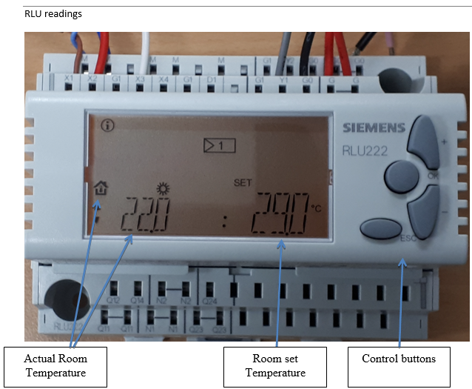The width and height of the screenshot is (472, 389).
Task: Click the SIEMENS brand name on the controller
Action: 374,127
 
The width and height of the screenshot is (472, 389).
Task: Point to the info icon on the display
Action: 108,125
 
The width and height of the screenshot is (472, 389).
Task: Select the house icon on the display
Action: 101,188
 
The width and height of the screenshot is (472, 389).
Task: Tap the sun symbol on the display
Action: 162,189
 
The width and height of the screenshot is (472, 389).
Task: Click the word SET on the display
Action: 243,182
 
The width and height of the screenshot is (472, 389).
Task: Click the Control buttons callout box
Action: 399,359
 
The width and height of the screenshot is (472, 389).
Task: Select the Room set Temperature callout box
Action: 275,366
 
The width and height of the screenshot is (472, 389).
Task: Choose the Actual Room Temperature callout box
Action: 55,366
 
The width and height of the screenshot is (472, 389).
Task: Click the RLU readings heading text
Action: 53,14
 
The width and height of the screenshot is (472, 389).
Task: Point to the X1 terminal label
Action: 69,78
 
